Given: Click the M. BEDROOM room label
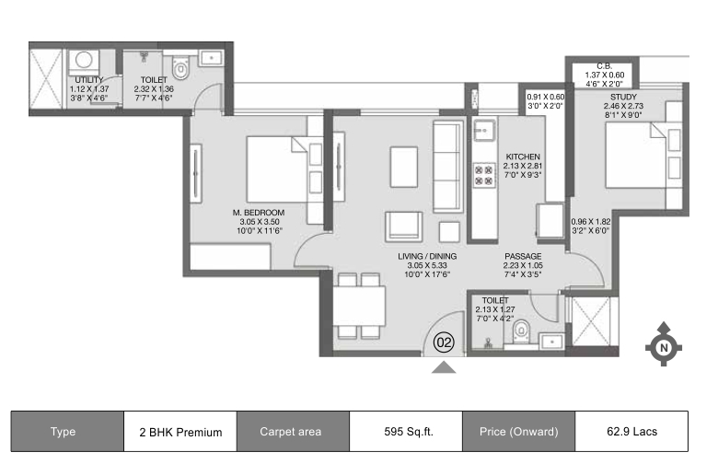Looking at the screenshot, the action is click(x=259, y=213).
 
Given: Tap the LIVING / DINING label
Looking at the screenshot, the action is click(x=427, y=257).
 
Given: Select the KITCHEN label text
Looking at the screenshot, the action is click(x=523, y=157).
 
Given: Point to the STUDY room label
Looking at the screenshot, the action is click(x=623, y=97).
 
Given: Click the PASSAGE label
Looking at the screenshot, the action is click(x=523, y=257).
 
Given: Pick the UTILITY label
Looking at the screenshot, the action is click(x=89, y=80).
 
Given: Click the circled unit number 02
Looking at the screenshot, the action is click(x=444, y=342).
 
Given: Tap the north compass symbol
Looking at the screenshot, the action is click(x=664, y=345).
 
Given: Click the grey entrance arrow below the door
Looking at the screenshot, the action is click(x=444, y=367).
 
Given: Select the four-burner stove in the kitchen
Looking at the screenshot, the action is click(x=484, y=175).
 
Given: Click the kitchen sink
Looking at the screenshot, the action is click(x=484, y=131).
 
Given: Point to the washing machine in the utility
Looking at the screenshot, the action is click(x=84, y=64).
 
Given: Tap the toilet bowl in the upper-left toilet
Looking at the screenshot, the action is click(x=180, y=68).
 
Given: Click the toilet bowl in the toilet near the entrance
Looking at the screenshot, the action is click(x=521, y=331).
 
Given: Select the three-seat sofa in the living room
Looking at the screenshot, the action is click(x=448, y=167).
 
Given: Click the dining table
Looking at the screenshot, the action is click(x=359, y=306).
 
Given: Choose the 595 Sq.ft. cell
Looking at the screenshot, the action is click(x=408, y=432).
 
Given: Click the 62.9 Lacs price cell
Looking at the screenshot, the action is click(x=631, y=432).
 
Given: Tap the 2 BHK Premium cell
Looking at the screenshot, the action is click(x=180, y=432).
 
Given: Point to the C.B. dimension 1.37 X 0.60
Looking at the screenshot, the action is click(x=605, y=75).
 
